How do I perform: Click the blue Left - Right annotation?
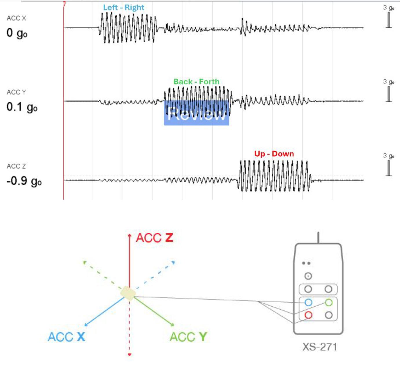click(x=124, y=8)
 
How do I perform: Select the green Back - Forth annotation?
click(x=196, y=82)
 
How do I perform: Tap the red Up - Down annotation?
click(x=274, y=154)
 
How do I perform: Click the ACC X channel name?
click(x=17, y=18)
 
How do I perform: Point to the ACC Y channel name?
click(x=17, y=92)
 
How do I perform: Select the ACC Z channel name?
click(x=17, y=167)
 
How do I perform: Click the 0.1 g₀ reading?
click(x=22, y=107)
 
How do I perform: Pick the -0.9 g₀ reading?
click(x=24, y=181)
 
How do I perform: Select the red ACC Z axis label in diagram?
click(x=154, y=238)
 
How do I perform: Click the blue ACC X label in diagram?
click(x=66, y=337)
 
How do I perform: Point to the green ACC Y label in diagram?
click(x=188, y=337)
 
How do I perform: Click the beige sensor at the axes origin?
click(x=128, y=294)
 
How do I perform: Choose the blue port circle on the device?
click(x=308, y=303)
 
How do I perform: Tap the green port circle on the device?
click(x=328, y=303)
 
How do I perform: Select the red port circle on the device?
click(x=308, y=315)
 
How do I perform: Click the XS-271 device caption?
click(x=320, y=347)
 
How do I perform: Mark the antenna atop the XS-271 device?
click(x=318, y=238)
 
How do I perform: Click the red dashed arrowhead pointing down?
click(x=129, y=354)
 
